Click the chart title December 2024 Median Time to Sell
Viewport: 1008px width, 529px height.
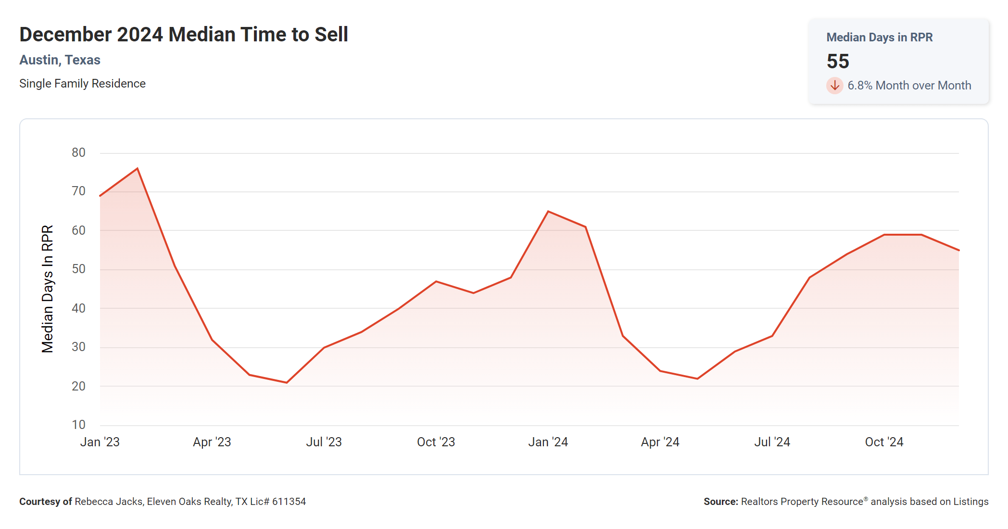point(183,35)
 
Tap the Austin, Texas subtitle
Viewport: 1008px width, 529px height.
point(60,60)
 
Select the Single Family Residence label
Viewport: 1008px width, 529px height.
point(82,84)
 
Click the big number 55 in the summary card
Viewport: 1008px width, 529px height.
point(838,61)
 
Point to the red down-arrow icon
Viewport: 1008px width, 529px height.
point(834,86)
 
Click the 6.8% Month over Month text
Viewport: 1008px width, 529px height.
point(909,86)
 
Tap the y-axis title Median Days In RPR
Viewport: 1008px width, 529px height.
point(47,289)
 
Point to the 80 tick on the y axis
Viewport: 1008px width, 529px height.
point(78,153)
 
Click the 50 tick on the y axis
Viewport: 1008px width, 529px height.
point(78,269)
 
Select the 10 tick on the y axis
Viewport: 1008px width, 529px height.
point(78,425)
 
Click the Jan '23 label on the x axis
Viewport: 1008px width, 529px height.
point(100,442)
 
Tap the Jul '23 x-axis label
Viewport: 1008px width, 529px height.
point(324,442)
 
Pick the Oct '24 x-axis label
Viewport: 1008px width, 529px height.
point(884,442)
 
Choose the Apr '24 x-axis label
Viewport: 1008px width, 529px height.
point(660,442)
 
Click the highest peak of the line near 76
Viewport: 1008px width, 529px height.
point(138,168)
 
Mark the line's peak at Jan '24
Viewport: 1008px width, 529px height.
point(548,212)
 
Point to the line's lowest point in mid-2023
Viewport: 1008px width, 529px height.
point(287,382)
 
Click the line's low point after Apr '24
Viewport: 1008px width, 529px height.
point(697,378)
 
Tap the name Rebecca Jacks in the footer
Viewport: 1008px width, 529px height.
point(109,502)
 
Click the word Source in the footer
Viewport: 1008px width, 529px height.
point(720,502)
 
